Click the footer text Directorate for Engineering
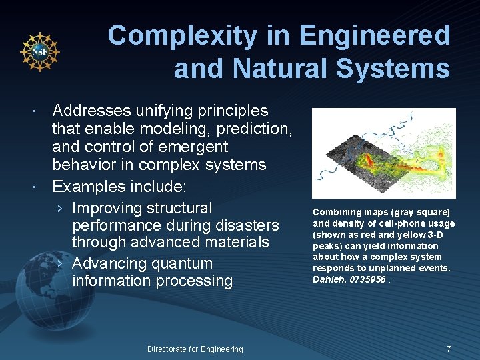point(195,349)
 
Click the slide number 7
point(449,349)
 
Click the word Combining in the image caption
point(335,212)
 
